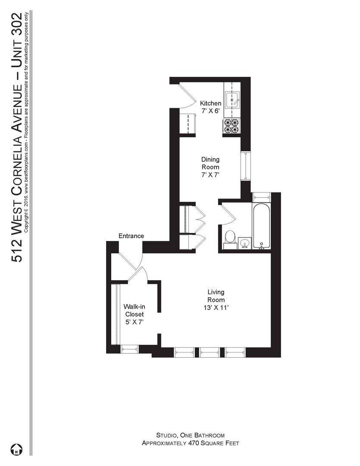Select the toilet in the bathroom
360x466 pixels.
coord(230,237)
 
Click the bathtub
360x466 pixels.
coord(262,227)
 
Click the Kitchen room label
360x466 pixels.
coord(210,104)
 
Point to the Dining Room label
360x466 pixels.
coord(210,163)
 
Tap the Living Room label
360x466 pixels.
coord(216,296)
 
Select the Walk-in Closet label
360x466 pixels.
coord(134,310)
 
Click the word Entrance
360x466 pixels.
coord(131,236)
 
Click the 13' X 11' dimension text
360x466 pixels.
coord(216,308)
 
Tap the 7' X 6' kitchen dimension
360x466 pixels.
coord(210,111)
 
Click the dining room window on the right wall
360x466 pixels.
coord(245,166)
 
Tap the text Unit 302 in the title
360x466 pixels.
coord(17,39)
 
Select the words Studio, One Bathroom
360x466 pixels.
coord(190,435)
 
